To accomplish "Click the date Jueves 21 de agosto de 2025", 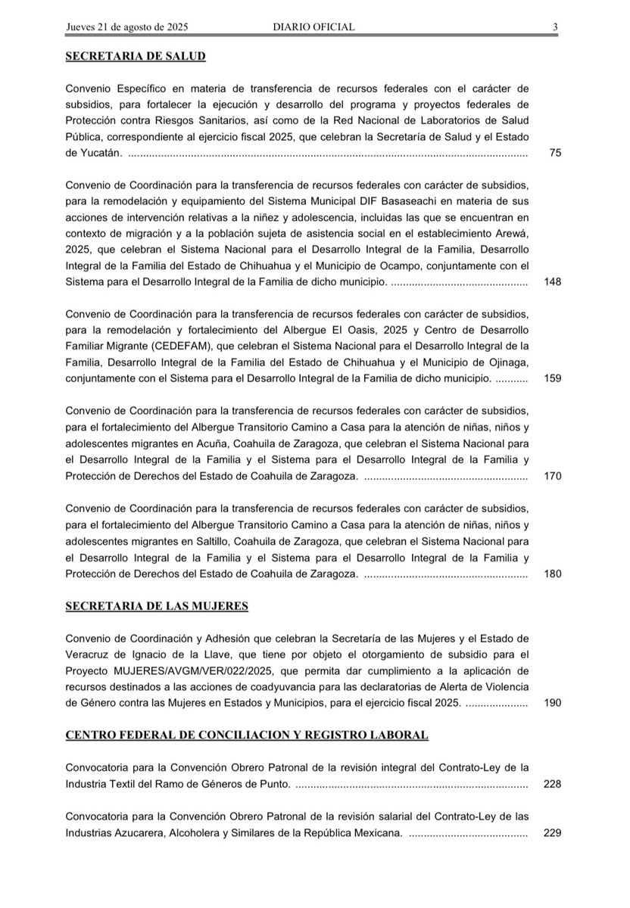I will coord(127,27).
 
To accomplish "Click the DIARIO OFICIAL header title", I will coord(314,27).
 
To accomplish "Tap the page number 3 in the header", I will coord(555,27).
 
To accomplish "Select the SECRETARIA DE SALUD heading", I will coord(136,56).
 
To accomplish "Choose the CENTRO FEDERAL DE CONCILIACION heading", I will coord(247,735).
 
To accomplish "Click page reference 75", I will coord(555,153).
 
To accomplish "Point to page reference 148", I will coord(553,281).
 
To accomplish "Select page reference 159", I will coord(553,378).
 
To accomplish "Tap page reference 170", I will coord(553,477).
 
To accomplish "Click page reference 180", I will coord(553,574).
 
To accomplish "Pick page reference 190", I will coord(553,703).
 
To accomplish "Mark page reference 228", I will coord(553,784).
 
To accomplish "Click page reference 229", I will coord(553,833).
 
